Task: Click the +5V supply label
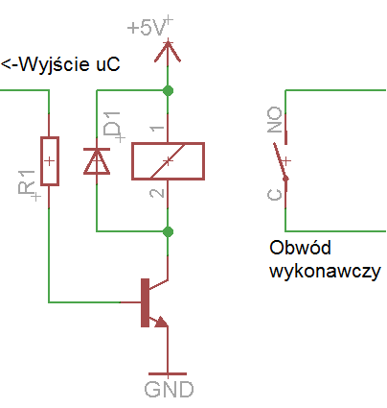pos(147,28)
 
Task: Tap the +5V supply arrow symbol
pos(168,51)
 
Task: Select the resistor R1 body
pos(50,161)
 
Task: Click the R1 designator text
pos(27,182)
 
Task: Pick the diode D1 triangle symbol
pos(97,161)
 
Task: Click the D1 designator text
pos(112,124)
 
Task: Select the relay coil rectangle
pos(168,161)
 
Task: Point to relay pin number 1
pos(157,129)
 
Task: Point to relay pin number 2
pos(157,193)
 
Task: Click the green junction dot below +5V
pos(168,90)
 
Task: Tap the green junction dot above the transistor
pos(168,231)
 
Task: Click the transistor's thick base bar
pos(145,302)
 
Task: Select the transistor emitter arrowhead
pos(161,322)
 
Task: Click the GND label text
pos(169,389)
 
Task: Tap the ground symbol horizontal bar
pos(168,373)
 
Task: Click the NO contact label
pos(275,120)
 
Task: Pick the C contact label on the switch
pos(275,194)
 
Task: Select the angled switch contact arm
pos(281,162)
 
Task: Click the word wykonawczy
pos(325,272)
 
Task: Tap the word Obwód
pos(300,247)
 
